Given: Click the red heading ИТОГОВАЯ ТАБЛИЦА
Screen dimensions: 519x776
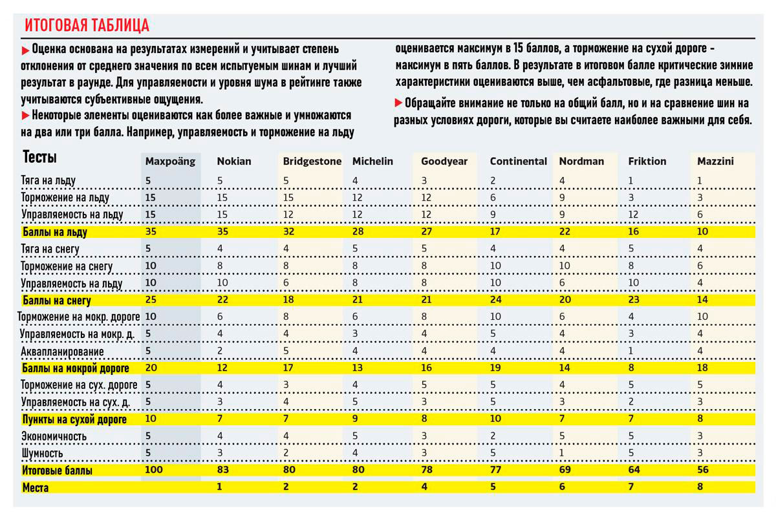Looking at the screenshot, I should [87, 26].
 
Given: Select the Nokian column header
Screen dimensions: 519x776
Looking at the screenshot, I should [234, 162].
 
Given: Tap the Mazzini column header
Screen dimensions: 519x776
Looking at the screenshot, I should [715, 162].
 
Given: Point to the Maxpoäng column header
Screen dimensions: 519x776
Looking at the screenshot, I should [170, 162].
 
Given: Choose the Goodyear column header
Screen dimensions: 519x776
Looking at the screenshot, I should [444, 162].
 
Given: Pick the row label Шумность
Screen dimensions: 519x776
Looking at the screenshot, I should [44, 454].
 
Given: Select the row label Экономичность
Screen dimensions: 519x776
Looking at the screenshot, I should [54, 437].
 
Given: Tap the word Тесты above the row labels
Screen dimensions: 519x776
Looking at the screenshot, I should [40, 158].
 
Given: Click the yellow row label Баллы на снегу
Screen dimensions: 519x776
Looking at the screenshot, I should [57, 301].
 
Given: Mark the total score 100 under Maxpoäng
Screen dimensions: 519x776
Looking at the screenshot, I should [155, 471].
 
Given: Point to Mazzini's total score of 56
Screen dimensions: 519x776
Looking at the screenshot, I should [704, 471].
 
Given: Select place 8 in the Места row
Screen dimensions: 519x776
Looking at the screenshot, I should [700, 487].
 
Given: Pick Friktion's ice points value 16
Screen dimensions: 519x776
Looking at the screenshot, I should [634, 232].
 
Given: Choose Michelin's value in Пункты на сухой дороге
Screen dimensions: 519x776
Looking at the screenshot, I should [356, 419].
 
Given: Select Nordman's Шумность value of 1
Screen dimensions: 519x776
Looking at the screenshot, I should [562, 454].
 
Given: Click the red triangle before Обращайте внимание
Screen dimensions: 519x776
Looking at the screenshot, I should [397, 103].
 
